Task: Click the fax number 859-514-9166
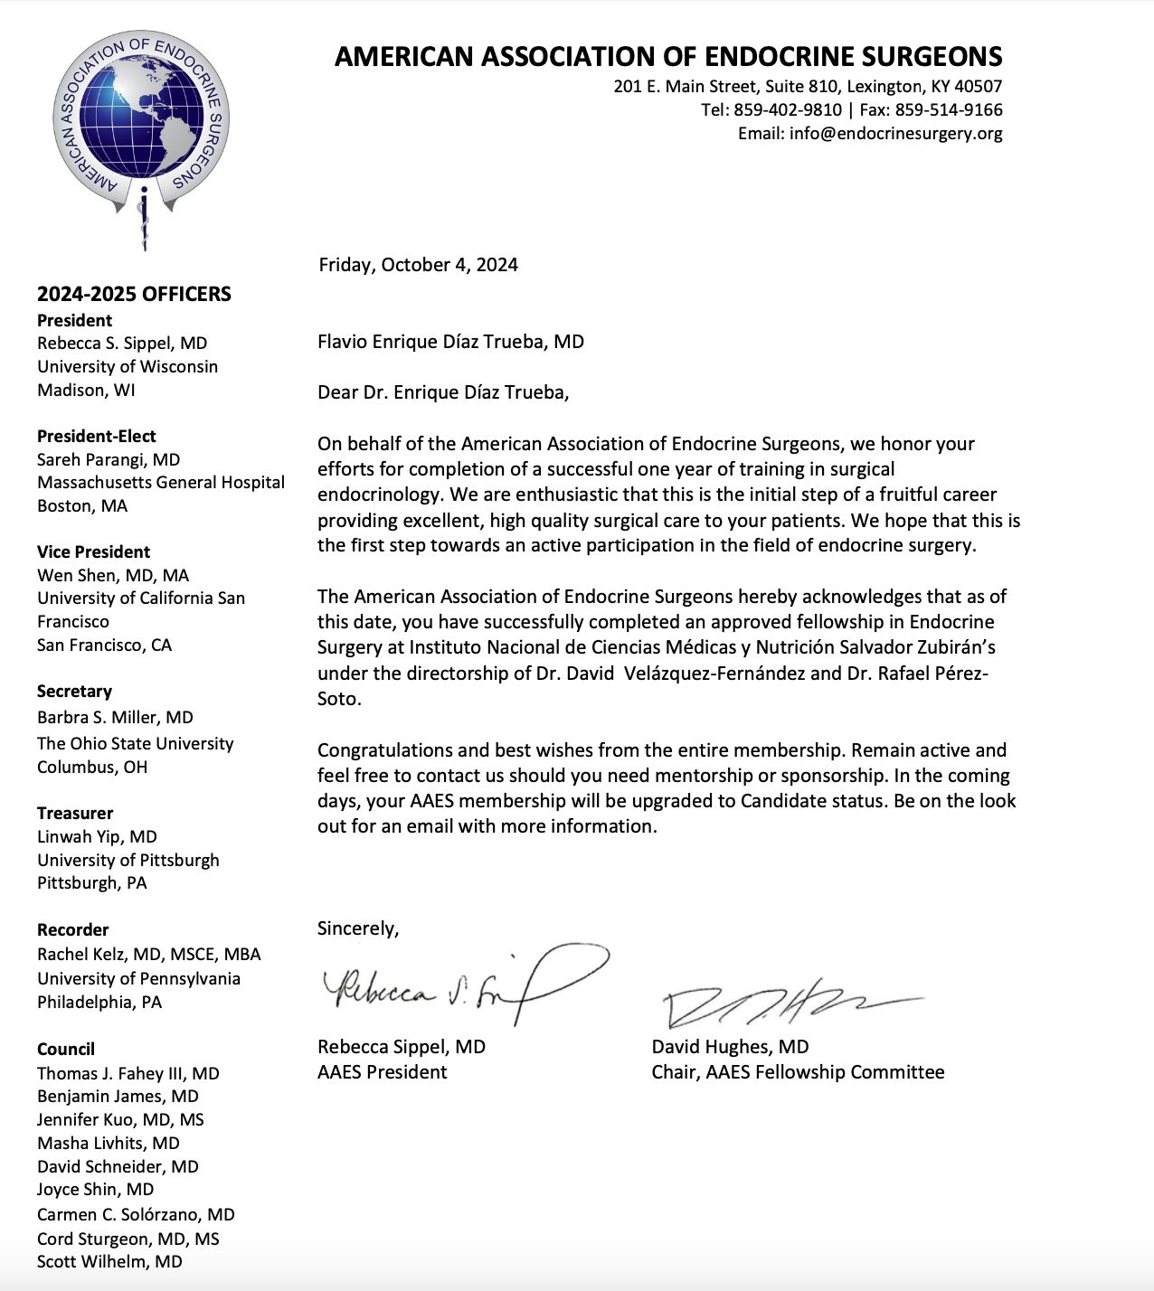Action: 949,110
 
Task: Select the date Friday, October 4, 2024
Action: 418,265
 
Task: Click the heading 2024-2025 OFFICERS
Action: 134,294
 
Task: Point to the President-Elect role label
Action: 96,436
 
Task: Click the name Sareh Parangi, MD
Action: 109,459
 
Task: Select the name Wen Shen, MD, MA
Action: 113,575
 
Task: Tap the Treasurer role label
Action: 75,813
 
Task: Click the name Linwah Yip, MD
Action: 97,836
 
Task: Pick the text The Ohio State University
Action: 136,743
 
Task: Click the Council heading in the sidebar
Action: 66,1049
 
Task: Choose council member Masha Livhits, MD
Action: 109,1143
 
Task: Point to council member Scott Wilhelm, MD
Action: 109,1261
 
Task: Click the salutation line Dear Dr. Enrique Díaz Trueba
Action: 443,392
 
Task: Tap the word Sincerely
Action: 357,928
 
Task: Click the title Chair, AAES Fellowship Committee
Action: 798,1072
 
